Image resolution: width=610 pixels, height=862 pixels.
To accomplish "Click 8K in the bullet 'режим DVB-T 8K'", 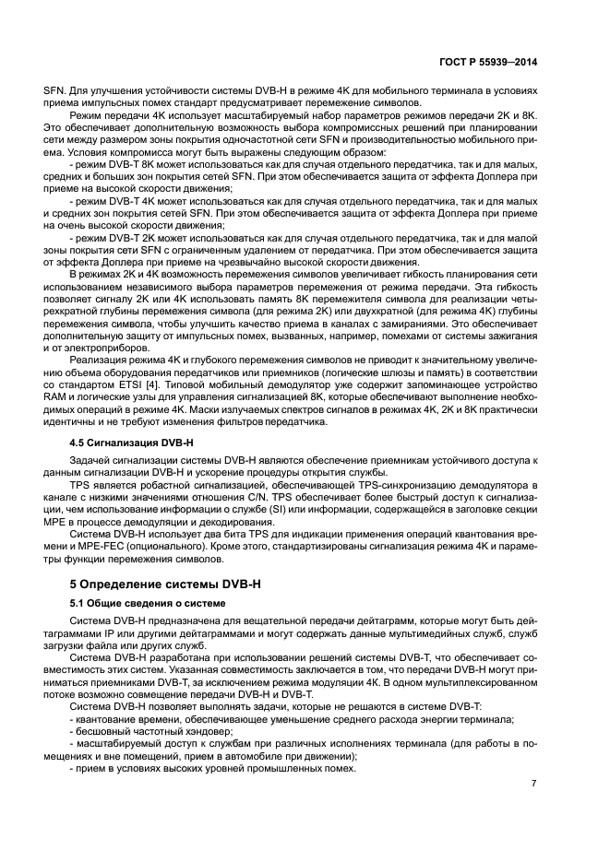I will pos(150,163).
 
